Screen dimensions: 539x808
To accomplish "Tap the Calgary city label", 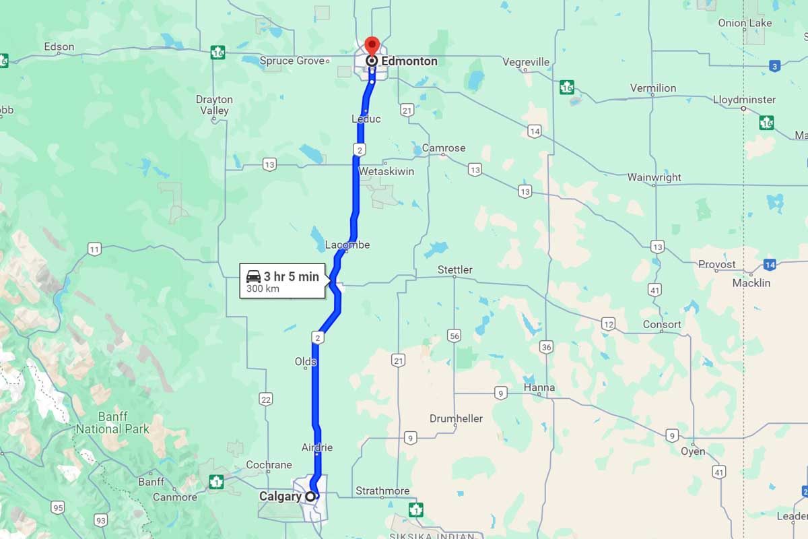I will tap(280, 497).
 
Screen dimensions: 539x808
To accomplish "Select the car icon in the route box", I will tap(253, 276).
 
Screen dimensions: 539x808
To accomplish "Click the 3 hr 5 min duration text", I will tap(291, 276).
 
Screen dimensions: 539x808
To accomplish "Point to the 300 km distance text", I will tap(263, 289).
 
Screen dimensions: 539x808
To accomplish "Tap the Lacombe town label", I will tap(347, 245).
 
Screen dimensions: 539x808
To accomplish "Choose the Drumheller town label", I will tap(456, 418).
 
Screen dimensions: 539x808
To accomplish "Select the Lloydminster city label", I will tap(744, 100).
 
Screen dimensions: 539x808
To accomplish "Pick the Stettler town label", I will tap(455, 269).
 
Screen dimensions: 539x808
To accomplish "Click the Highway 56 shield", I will tap(454, 336).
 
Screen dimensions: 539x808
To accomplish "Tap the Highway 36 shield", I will tap(546, 347).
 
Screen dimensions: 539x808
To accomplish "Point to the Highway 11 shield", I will tap(94, 250).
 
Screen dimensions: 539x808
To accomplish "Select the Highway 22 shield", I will tap(266, 400).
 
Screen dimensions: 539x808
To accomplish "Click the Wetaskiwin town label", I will tap(386, 172).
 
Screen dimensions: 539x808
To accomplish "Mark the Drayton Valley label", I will tap(214, 104).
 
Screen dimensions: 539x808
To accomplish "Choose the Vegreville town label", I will tap(526, 62).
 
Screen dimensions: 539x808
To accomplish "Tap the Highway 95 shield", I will tap(59, 507).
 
